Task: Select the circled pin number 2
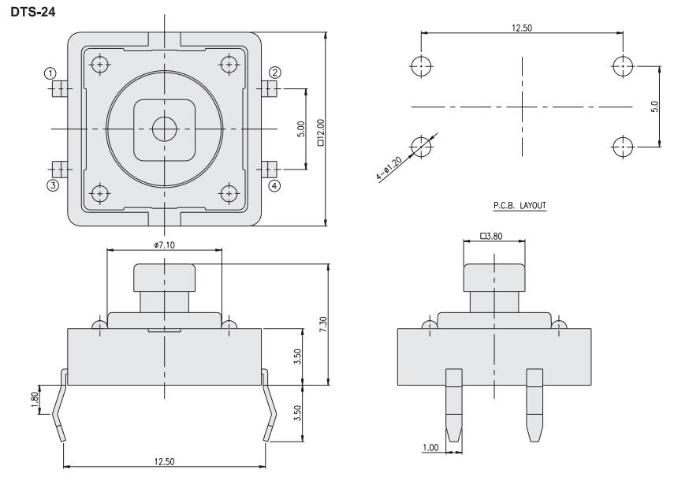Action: pyautogui.click(x=274, y=73)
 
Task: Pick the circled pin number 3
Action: pyautogui.click(x=52, y=186)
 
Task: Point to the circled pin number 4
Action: pyautogui.click(x=274, y=186)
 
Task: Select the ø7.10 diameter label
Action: pyautogui.click(x=164, y=245)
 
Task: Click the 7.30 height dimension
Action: pyautogui.click(x=322, y=323)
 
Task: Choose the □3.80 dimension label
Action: pyautogui.click(x=492, y=235)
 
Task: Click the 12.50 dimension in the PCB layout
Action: pyautogui.click(x=521, y=27)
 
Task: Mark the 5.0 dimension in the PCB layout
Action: pyautogui.click(x=655, y=106)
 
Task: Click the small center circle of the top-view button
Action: pyautogui.click(x=164, y=129)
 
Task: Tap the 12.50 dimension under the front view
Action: pyautogui.click(x=164, y=461)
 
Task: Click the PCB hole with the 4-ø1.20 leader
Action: pyautogui.click(x=423, y=146)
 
